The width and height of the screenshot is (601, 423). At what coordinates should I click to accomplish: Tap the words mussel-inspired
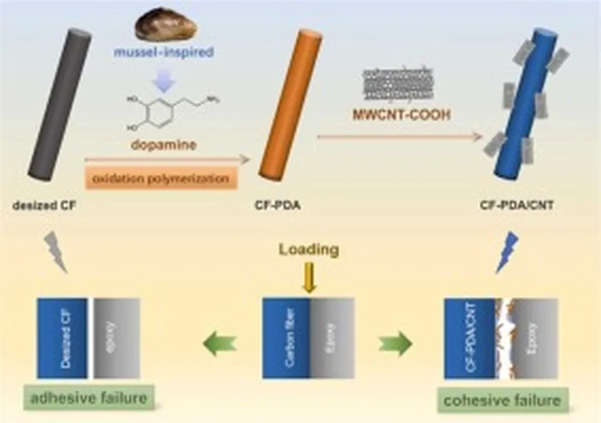pyautogui.click(x=164, y=53)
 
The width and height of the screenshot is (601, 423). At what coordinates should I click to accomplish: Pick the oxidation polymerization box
pyautogui.click(x=161, y=178)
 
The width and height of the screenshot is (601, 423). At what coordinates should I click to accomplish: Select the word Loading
pyautogui.click(x=309, y=249)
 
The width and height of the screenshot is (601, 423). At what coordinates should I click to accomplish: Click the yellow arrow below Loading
pyautogui.click(x=309, y=278)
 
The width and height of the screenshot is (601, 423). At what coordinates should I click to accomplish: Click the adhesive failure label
pyautogui.click(x=89, y=398)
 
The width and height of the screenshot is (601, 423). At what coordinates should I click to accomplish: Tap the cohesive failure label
pyautogui.click(x=502, y=401)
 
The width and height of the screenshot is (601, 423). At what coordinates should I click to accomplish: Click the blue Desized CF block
pyautogui.click(x=62, y=338)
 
